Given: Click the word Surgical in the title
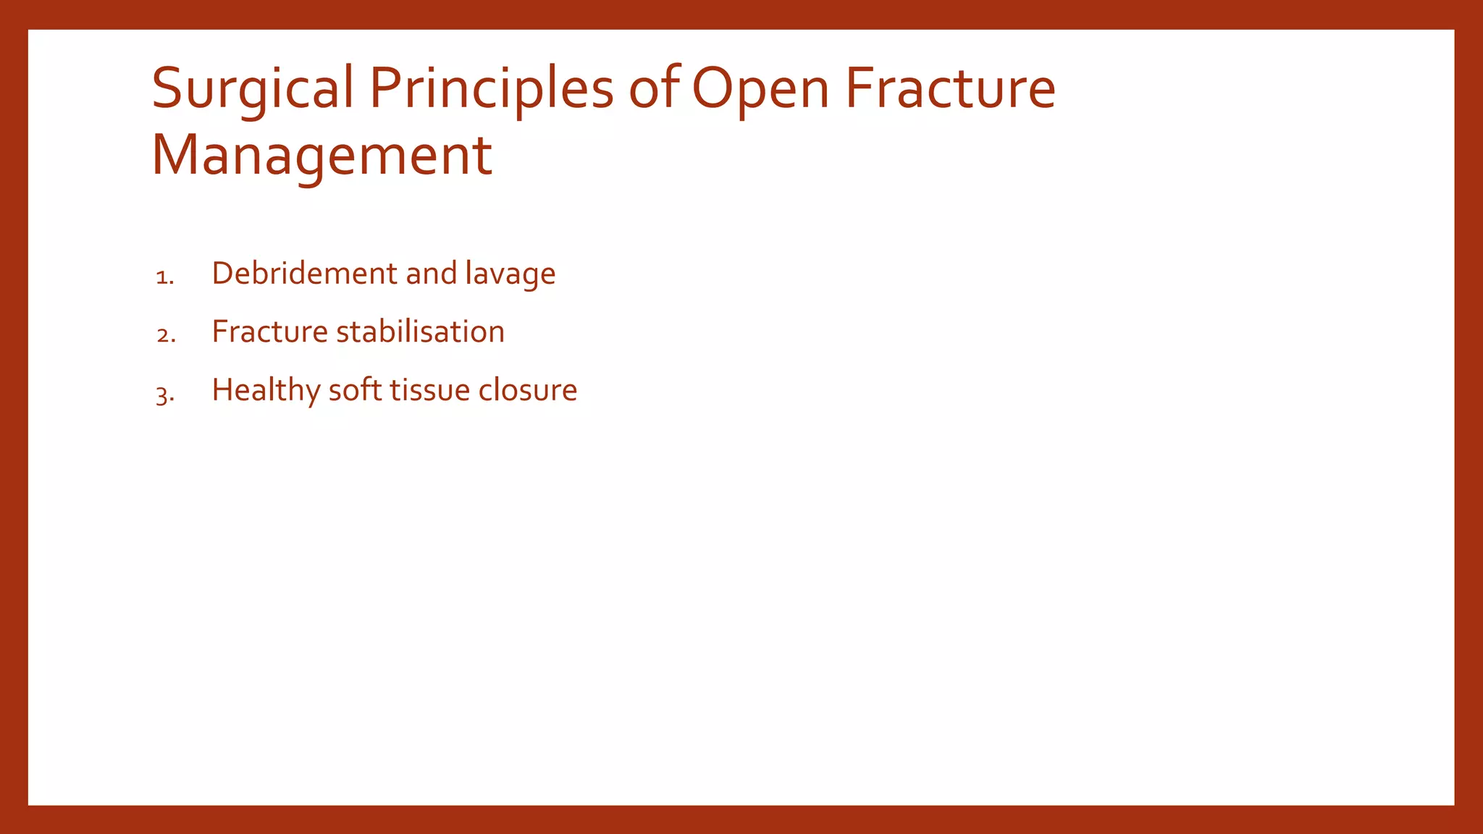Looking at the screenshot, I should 253,90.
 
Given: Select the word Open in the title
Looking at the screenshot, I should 761,90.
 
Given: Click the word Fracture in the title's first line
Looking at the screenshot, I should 950,88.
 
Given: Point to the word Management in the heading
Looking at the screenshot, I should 322,155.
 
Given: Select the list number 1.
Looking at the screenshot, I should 164,277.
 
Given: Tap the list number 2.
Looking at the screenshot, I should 165,335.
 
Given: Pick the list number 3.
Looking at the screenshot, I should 164,395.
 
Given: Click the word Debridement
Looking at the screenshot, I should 304,274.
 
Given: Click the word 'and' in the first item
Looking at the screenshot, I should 431,274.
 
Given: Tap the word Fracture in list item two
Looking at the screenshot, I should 269,332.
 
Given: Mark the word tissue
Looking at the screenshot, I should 430,390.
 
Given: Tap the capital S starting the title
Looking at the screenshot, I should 166,88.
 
